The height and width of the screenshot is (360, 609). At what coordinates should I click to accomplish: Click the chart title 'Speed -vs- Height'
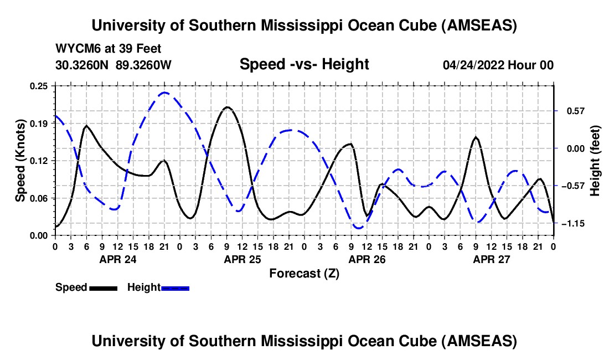click(x=304, y=64)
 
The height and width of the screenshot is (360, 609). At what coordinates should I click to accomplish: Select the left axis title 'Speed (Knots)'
click(x=20, y=161)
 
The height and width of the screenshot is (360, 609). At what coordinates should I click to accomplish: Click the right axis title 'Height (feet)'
click(x=595, y=161)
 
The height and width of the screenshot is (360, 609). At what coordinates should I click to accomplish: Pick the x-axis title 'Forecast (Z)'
click(x=304, y=273)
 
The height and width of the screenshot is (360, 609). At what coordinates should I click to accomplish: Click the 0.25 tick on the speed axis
click(x=39, y=86)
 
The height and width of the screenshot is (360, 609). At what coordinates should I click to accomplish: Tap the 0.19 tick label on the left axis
click(x=39, y=123)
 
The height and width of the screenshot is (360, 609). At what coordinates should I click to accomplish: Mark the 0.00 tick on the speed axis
click(x=39, y=235)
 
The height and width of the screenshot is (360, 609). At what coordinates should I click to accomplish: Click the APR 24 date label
click(x=118, y=259)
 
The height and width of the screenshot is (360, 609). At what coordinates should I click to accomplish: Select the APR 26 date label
click(x=367, y=259)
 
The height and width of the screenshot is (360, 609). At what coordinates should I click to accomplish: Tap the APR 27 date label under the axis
click(x=491, y=259)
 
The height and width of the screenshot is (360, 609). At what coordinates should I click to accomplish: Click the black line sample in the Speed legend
click(x=103, y=287)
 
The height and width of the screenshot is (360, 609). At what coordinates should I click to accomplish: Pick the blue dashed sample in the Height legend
click(x=176, y=287)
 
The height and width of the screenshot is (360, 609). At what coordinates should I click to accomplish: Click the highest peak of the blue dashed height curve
click(x=164, y=92)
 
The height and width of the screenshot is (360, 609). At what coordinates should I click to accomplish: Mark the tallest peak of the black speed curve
click(x=227, y=107)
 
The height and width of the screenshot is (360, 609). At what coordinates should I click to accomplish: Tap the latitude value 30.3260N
click(x=82, y=65)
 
